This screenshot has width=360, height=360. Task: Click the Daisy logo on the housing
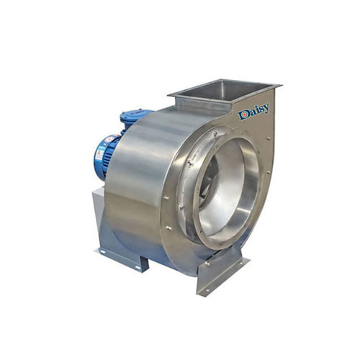(x=254, y=112)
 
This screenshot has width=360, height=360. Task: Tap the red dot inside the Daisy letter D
(x=243, y=115)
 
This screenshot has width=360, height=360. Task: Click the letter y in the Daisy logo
(x=266, y=109)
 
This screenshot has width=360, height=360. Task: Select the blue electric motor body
(x=106, y=156)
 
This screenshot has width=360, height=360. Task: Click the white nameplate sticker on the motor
(x=99, y=153)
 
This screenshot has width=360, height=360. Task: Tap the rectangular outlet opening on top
(x=223, y=91)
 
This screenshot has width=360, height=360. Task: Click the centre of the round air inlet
(x=227, y=189)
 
